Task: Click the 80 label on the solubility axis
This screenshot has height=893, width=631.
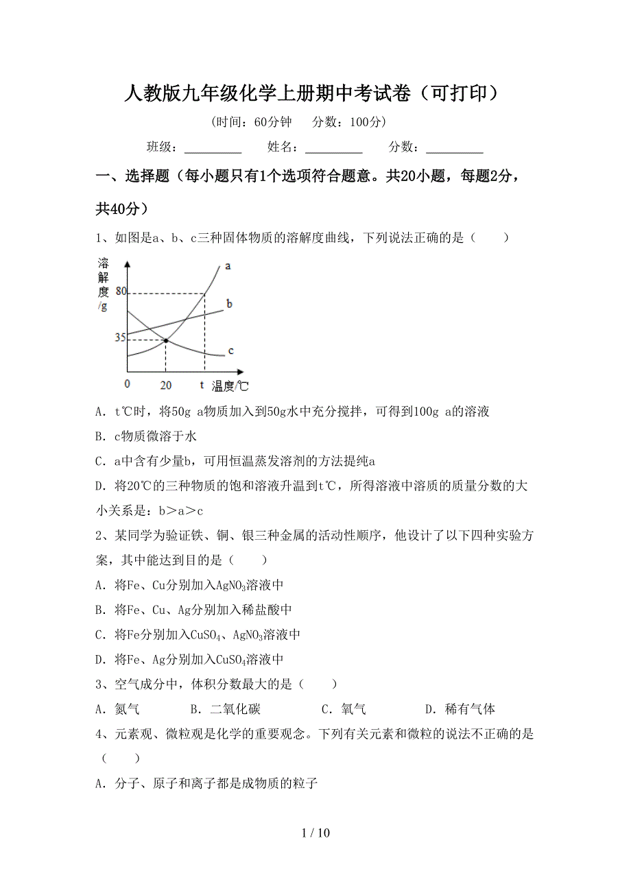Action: (121, 291)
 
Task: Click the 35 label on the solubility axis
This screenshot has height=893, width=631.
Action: (120, 337)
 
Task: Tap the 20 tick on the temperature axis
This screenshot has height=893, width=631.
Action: (165, 385)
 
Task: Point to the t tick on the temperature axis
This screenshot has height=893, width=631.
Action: (202, 384)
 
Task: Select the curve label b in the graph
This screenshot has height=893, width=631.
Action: (230, 303)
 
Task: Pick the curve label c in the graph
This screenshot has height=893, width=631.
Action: (230, 350)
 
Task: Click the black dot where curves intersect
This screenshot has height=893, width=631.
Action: (166, 340)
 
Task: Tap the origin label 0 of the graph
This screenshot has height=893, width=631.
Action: (128, 384)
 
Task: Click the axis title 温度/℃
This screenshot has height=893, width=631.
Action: (230, 386)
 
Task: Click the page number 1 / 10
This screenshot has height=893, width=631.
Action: (315, 833)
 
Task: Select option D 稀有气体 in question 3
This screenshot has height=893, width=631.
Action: (460, 709)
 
